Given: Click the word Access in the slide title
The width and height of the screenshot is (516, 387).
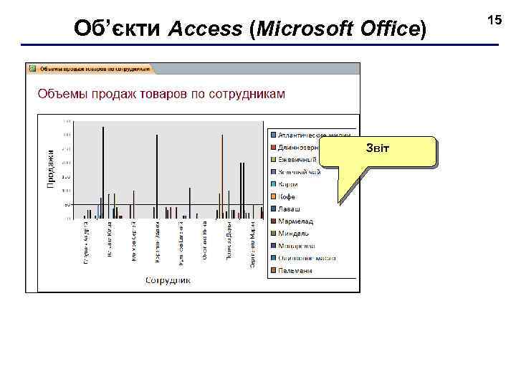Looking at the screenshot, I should coord(206,29).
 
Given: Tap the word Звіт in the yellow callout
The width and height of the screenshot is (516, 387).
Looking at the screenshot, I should coord(378,148).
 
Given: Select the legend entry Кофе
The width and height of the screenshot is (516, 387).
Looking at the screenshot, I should coord(286,196).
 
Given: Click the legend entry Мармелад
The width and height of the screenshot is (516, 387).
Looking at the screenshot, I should coord(295,221).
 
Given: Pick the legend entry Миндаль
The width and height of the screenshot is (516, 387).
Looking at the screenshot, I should coord(294,233).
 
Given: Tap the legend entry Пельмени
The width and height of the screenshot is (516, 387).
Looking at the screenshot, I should coord(295,270).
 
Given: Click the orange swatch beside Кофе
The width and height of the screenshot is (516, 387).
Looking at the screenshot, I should coord(273,196).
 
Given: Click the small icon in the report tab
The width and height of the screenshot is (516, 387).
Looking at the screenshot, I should coord(32,70).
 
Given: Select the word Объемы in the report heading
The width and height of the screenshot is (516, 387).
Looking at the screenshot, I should coord(61,94).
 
